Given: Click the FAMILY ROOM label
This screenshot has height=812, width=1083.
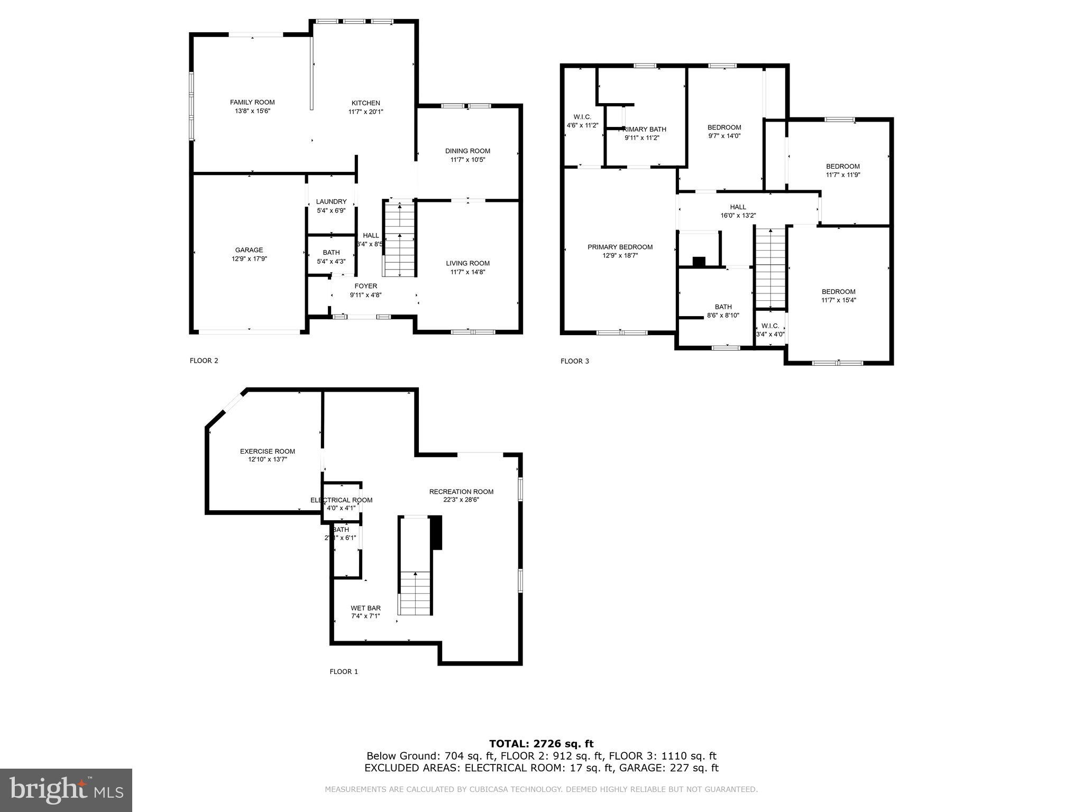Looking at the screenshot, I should point(252,103).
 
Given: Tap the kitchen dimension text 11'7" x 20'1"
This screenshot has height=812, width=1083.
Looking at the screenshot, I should point(365,112).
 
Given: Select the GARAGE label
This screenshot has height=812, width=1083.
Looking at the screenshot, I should point(249,250).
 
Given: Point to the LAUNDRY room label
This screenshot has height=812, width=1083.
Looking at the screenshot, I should point(331,201).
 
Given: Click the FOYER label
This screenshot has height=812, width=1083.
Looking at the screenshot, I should point(365,286).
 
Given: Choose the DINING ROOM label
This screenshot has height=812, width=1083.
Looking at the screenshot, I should point(467,151).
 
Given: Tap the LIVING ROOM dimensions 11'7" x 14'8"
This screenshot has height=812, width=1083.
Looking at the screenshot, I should point(467,272).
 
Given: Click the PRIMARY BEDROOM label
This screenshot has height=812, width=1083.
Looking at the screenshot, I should point(620,247).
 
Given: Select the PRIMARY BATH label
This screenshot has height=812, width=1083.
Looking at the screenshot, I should point(642,129).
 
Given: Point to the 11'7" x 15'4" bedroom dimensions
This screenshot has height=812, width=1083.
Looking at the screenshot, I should point(838,300).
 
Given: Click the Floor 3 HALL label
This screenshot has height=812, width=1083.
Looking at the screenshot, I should point(738,207).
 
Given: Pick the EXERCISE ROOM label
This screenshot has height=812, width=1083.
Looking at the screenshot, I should point(267,451).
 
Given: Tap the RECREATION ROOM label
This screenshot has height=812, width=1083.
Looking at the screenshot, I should point(461,491).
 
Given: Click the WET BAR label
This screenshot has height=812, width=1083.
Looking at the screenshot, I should point(365,608).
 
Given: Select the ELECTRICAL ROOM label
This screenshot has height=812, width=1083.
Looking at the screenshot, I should point(341,500).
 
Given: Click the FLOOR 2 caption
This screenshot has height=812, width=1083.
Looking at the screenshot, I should point(204,361).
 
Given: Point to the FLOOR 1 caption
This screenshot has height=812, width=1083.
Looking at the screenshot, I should point(344,671).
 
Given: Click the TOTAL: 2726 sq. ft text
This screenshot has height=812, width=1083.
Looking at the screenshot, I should point(541,744).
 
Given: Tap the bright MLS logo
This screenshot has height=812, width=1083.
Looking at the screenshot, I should point(66,790).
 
